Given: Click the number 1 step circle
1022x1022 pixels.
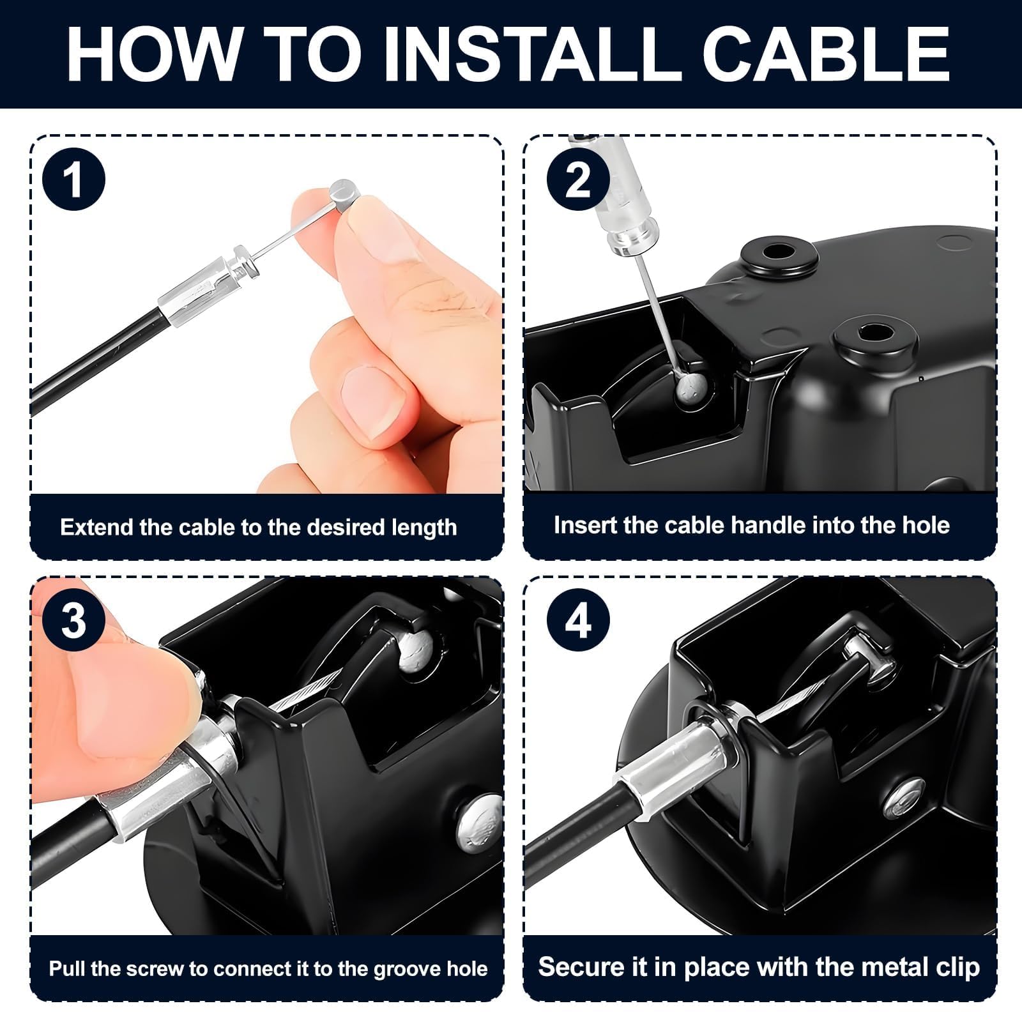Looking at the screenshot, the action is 73,179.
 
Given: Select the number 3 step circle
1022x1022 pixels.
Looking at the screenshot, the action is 73,620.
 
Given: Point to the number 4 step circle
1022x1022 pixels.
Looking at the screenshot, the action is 578,620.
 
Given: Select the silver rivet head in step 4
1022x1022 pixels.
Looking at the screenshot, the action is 904,797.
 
